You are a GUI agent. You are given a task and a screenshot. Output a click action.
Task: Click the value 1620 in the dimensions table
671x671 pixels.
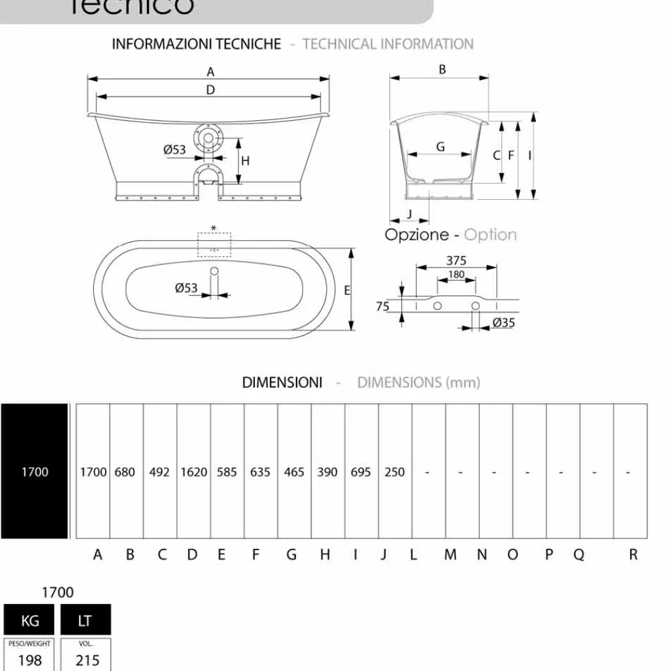tap(193, 472)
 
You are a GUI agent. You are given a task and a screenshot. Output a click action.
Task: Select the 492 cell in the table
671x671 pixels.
tap(160, 472)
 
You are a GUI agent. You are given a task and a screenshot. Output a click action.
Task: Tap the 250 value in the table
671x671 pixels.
tap(395, 472)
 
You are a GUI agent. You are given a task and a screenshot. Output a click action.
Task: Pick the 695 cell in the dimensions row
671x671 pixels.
tap(361, 472)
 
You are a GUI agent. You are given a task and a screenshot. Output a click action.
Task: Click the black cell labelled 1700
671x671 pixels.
tap(34, 472)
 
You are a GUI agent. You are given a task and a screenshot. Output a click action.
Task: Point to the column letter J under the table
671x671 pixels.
tap(384, 555)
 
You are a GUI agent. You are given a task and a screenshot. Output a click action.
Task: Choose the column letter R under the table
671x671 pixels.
tap(633, 555)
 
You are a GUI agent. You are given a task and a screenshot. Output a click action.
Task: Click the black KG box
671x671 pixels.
tap(30, 621)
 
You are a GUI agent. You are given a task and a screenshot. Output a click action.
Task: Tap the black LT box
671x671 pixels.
tap(85, 621)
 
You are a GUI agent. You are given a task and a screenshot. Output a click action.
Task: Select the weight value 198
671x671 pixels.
tap(30, 660)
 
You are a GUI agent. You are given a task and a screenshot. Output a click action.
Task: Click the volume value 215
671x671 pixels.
tap(87, 660)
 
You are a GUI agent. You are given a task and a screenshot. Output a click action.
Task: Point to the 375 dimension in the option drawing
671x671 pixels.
tap(456, 261)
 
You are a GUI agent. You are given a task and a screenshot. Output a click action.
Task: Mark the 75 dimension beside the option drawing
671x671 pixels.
tap(382, 307)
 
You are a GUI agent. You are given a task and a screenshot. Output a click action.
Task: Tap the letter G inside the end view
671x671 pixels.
tap(440, 147)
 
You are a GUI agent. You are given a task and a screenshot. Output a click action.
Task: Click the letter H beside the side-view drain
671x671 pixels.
tap(246, 160)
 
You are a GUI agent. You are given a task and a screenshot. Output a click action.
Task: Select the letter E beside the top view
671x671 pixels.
tap(346, 291)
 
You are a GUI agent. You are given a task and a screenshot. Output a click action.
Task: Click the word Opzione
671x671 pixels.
tap(416, 235)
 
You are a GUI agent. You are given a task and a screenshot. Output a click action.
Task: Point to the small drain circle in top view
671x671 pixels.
tap(214, 272)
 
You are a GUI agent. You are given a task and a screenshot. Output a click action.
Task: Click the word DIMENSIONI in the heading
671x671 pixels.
tap(282, 382)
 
